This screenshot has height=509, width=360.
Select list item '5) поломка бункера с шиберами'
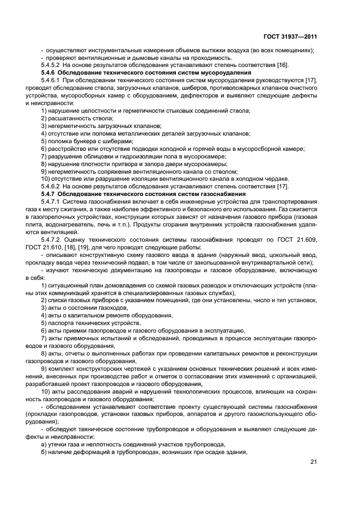tap(87, 141)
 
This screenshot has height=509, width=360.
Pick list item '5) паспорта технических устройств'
tap(90, 323)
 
